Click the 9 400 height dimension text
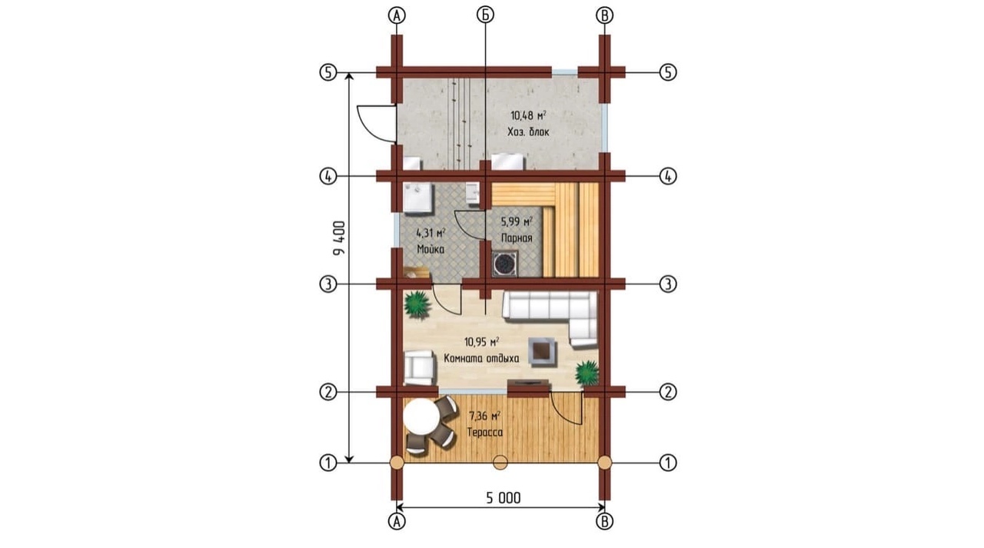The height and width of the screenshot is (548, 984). pos(339,238)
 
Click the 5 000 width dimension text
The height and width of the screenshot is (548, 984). pos(503,498)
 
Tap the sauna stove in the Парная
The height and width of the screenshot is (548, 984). pos(505,264)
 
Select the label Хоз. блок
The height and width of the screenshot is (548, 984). pos(528,131)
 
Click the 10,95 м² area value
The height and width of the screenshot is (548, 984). pos(481,341)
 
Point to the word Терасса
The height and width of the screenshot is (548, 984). pos(485,433)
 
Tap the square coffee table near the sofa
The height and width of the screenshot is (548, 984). pos(543,352)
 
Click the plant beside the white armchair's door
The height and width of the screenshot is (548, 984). pos(416,304)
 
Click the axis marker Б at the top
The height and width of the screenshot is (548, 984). pos(485,15)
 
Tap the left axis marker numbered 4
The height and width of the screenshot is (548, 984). pos(327,177)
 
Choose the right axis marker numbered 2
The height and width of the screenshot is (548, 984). pos(668,392)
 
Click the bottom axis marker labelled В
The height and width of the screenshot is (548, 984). pos(604,521)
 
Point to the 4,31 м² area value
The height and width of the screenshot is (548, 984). pos(431,233)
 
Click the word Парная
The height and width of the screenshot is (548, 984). pos(517,238)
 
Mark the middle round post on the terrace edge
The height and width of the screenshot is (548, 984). pos(500,463)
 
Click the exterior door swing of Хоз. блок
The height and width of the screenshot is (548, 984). pos(377,124)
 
